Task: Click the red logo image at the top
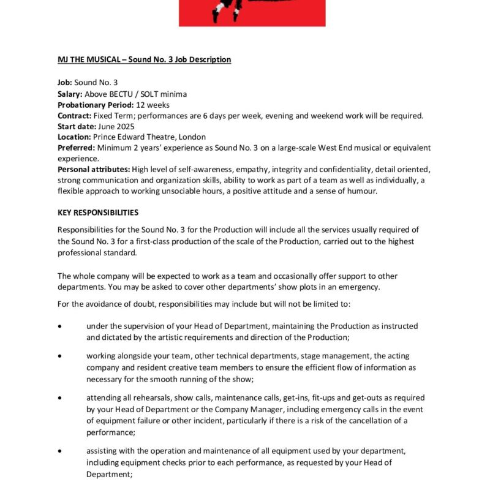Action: pyautogui.click(x=252, y=13)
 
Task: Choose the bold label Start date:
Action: pyautogui.click(x=76, y=126)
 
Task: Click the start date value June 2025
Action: pyautogui.click(x=116, y=126)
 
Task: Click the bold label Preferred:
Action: pyautogui.click(x=76, y=148)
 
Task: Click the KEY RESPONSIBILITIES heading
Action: pyautogui.click(x=98, y=213)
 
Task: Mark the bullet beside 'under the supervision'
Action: pyautogui.click(x=59, y=326)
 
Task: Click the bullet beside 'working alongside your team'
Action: pyautogui.click(x=59, y=356)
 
